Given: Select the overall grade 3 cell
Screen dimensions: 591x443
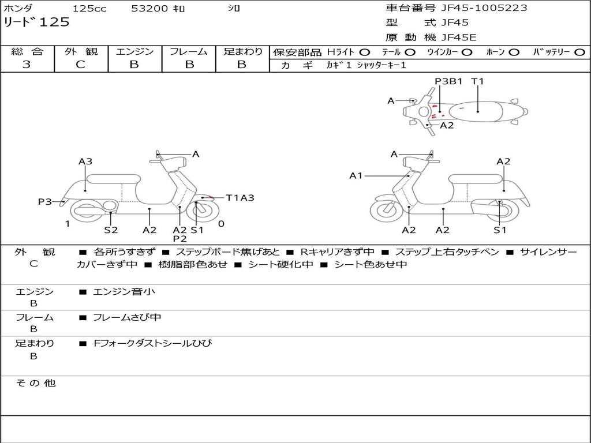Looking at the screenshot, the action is point(27,65).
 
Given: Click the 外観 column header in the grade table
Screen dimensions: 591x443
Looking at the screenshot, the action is point(81,52).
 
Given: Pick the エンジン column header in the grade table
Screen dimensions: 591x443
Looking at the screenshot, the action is point(134,52).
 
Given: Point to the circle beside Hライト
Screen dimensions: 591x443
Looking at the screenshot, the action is point(365,52).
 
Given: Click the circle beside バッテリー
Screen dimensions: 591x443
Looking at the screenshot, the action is point(579,52).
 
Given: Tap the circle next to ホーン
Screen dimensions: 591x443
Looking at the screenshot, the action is point(514,52).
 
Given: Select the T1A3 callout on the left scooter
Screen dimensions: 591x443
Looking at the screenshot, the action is point(240,198).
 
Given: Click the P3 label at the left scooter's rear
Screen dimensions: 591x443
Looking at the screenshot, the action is point(45,201).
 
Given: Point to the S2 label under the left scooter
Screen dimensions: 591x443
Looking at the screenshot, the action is point(111,230).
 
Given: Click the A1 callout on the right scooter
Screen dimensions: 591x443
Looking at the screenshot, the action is point(356,175).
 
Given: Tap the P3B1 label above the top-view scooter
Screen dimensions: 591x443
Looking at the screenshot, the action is point(449,81).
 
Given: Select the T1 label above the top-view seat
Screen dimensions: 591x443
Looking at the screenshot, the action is point(477,81).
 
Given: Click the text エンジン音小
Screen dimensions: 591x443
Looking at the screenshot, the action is point(124,292).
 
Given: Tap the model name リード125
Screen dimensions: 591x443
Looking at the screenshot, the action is point(36,22).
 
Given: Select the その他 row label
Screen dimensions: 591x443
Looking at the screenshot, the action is point(35,383).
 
